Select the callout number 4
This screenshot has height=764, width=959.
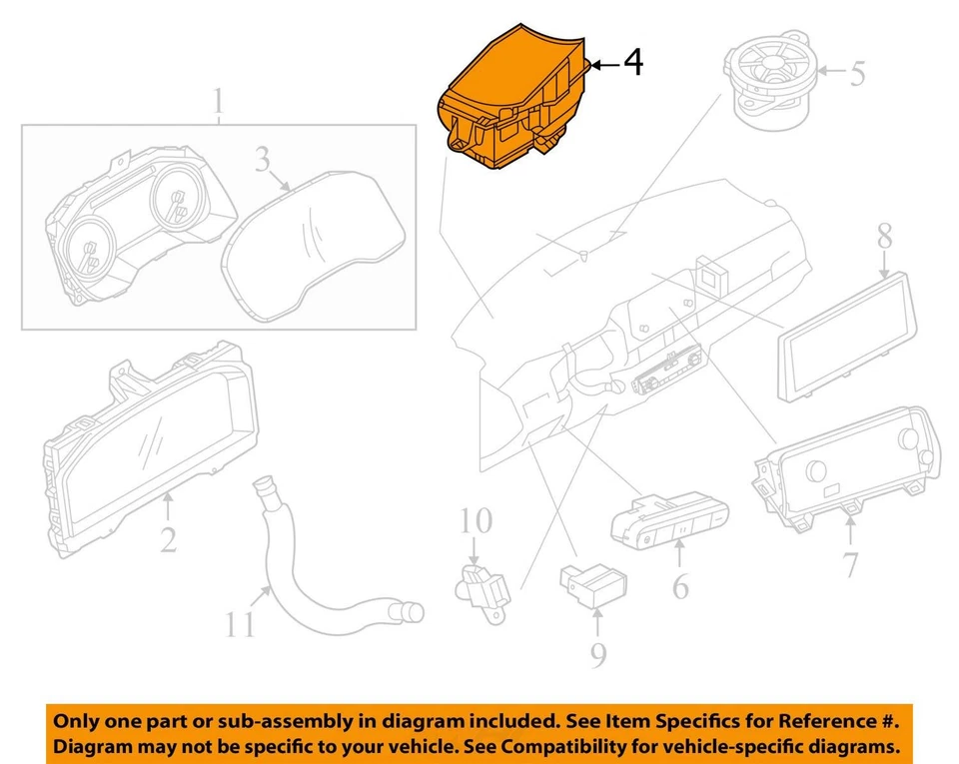(632, 63)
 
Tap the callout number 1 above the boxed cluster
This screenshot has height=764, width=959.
(218, 102)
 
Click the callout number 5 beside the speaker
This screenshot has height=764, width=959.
(856, 74)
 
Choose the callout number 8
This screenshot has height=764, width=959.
(884, 238)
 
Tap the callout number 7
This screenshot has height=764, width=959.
(849, 564)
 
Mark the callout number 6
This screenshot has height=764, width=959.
(679, 585)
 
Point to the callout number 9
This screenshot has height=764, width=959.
(596, 654)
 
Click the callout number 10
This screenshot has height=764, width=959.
(477, 520)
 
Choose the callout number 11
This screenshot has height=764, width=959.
(239, 625)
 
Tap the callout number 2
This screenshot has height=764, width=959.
(168, 540)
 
